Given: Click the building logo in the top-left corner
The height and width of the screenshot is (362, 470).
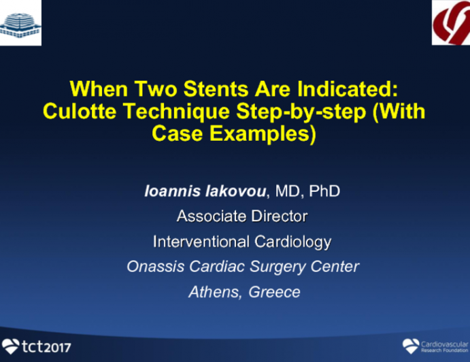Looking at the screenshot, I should click(x=20, y=22).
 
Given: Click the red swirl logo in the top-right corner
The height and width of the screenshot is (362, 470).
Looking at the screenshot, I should click(x=451, y=22).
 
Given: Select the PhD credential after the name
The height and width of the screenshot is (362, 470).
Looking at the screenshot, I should click(x=324, y=191).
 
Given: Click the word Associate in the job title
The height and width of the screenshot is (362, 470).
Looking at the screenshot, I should click(x=210, y=216).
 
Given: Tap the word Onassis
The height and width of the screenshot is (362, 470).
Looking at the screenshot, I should click(x=153, y=266).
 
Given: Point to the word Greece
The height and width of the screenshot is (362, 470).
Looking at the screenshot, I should click(x=274, y=291).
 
